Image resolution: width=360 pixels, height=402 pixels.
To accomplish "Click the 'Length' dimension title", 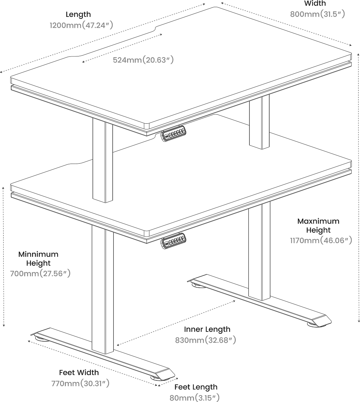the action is pos(78,14).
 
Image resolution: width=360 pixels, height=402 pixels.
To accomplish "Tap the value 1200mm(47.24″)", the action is pos(81,25).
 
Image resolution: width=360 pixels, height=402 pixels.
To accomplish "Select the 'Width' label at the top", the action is pos(315,3).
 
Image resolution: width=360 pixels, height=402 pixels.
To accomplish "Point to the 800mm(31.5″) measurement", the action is pos(318,14).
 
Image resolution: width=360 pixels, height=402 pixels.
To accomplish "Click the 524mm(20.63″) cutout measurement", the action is pos(143,60).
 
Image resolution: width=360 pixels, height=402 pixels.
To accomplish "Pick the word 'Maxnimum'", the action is pos(318,221).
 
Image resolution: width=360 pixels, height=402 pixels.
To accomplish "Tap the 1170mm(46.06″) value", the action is pos(321,240).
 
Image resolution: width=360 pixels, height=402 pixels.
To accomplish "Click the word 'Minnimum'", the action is pos(38,254).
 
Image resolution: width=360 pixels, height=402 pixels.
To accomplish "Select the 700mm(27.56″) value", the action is pos(40,273).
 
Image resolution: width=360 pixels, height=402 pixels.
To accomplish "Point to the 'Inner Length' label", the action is pos(207,329).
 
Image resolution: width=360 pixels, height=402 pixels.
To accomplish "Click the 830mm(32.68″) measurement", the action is pos(206,340).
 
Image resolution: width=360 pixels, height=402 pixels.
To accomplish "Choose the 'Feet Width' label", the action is pos(79,372).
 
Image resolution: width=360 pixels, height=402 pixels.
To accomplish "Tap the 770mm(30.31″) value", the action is pos(80,383).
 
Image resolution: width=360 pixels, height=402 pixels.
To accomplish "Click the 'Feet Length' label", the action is pos(196,387).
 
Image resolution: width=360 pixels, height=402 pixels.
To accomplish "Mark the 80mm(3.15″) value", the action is pos(194,398).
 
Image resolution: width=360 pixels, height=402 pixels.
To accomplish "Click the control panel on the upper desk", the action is pos(174,133).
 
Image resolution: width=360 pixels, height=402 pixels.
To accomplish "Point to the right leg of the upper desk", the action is pos(259,122).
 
